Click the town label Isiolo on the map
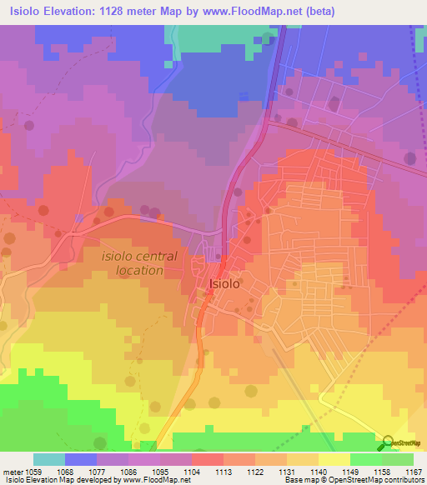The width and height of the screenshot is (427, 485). click(x=224, y=284)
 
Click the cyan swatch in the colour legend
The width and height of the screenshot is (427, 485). click(x=49, y=459)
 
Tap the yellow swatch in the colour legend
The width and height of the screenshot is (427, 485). click(x=334, y=459)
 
